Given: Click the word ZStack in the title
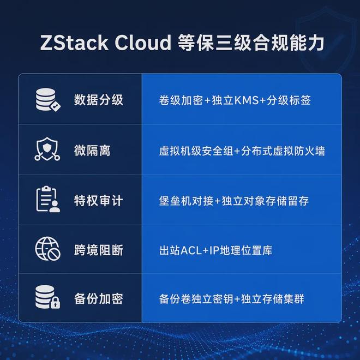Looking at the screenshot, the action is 74,43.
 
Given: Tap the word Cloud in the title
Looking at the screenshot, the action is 143,43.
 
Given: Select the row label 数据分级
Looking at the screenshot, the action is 99,100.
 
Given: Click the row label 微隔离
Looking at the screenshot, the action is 92,151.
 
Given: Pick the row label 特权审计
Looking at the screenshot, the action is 99,201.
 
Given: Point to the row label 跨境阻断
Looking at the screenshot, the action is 99,250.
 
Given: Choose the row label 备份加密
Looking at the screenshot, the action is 99,299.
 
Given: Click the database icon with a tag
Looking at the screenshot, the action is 48,100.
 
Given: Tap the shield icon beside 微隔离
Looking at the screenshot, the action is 47,149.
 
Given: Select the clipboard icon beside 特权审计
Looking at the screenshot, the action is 48,199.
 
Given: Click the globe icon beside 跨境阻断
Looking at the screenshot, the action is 48,249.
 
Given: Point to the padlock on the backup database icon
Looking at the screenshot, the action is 55,303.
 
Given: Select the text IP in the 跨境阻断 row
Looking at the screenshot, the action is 215,250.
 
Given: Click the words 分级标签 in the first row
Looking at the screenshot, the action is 289,100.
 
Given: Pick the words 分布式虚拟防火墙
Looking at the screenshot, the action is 283,151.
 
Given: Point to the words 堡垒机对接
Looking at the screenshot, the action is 186,201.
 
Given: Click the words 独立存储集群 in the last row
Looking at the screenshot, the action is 273,299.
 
